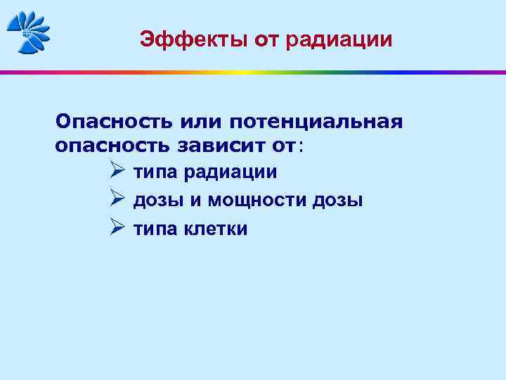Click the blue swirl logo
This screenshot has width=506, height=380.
click(x=28, y=32)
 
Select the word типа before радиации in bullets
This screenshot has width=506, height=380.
click(x=156, y=172)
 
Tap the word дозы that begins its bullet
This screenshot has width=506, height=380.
click(x=158, y=201)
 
